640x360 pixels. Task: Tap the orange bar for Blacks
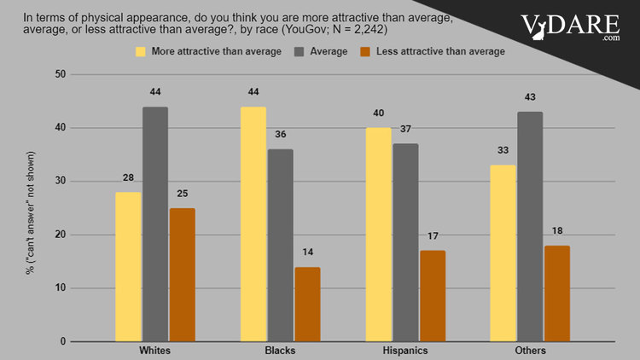coord(306,304)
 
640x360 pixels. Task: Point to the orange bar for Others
coord(556,293)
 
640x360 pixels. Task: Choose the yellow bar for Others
coord(503,253)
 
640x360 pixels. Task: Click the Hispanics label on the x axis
coord(405,351)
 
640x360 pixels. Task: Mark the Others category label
coord(530,351)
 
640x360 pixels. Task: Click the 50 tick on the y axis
coord(61,75)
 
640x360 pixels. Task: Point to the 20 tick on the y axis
coord(61,235)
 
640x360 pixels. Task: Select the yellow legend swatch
coord(141,52)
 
